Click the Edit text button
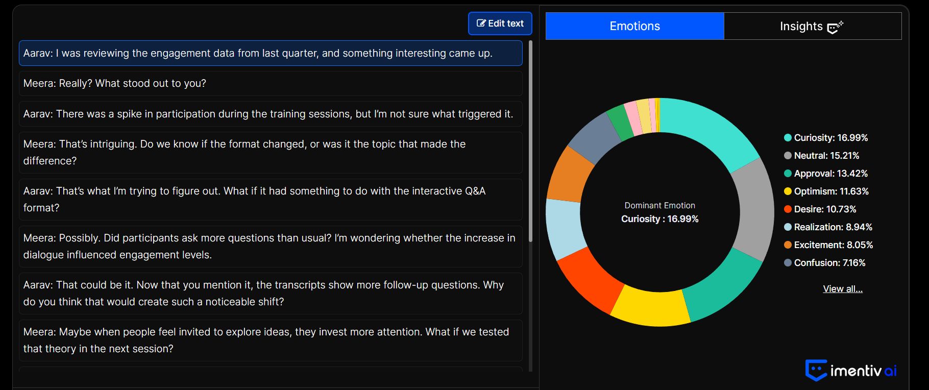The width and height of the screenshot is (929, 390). coord(500,23)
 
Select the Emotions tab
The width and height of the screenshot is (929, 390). coord(634,26)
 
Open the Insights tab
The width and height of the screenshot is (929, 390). coord(813,26)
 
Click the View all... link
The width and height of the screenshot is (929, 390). coord(843,289)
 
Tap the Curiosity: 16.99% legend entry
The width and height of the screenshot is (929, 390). coord(826,138)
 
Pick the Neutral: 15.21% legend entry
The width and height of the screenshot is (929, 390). coord(822,156)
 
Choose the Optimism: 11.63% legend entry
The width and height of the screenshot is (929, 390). coord(826,191)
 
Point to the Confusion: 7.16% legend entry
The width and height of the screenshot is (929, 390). coord(825,263)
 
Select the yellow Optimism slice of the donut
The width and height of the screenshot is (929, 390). coord(649,307)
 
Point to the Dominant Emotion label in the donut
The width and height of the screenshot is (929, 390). coord(659,205)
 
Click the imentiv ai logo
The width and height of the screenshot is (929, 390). coord(851,370)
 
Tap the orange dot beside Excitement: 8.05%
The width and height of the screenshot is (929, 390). coord(788,245)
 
